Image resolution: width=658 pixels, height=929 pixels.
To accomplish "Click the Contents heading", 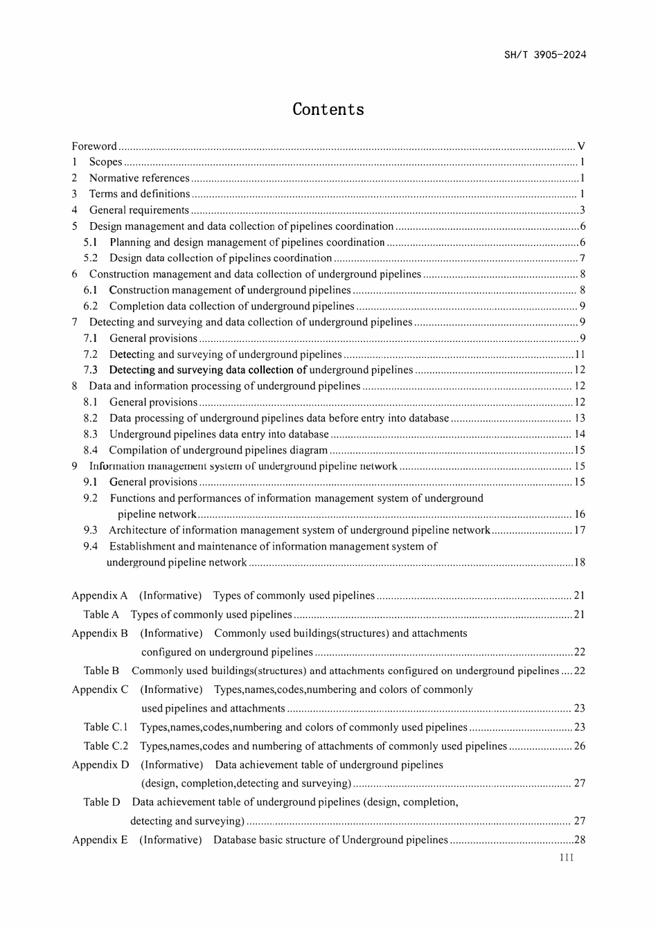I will [x=328, y=109].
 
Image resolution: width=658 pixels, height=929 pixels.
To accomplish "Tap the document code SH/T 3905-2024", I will [x=545, y=55].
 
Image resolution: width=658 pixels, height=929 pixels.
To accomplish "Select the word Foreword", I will [x=94, y=146].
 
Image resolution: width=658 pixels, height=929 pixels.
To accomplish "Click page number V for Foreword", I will [x=581, y=146].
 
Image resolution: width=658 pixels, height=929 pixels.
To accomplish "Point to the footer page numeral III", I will [x=567, y=858].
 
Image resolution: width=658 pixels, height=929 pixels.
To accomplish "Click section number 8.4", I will [x=91, y=450].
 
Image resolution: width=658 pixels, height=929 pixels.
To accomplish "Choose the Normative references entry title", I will [x=139, y=178].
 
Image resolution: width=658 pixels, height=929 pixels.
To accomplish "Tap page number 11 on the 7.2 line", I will [x=580, y=354].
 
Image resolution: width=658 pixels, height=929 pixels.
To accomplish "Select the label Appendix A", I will [x=100, y=595].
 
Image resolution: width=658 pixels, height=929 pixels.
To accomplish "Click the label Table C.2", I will [x=106, y=746].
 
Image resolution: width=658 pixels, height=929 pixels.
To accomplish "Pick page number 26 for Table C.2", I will [x=580, y=746].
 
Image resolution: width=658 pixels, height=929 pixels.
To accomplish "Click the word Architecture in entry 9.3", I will [x=139, y=530].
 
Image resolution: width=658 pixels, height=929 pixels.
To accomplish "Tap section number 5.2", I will [x=91, y=258].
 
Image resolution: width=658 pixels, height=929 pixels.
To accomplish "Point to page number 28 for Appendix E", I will [x=580, y=840].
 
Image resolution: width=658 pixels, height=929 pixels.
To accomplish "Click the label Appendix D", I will [x=100, y=765].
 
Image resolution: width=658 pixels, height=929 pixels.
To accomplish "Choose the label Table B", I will [x=101, y=671].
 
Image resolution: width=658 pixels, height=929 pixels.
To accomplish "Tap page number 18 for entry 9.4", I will [x=580, y=562].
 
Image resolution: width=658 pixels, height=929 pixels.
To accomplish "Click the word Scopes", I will [x=105, y=162].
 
